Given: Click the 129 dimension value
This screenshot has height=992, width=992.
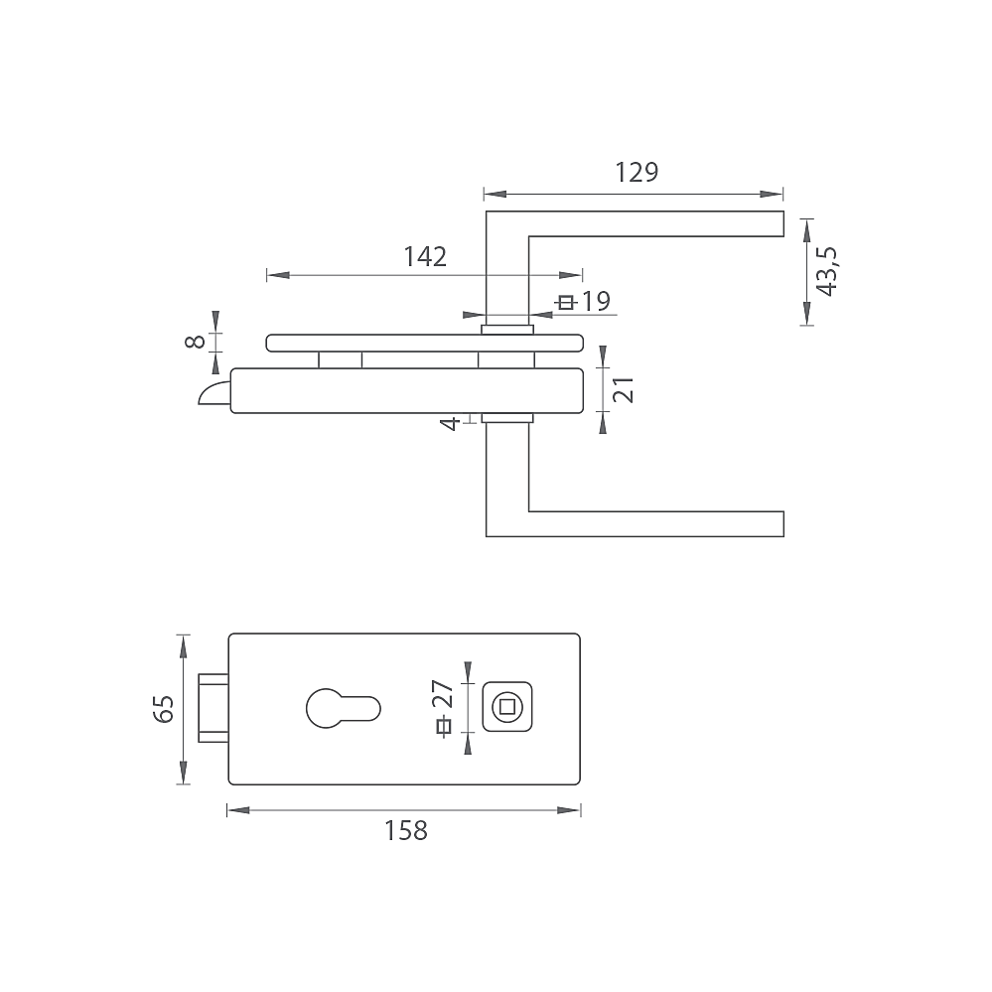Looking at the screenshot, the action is click(637, 172).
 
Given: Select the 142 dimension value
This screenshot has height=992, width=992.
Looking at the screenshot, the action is click(425, 256).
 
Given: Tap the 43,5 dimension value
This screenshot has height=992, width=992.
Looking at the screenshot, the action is click(827, 271).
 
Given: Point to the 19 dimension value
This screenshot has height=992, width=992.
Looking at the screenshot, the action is click(596, 302).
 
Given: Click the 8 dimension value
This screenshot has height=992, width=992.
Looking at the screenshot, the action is click(195, 342).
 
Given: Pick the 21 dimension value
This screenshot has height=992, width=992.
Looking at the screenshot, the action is click(624, 389).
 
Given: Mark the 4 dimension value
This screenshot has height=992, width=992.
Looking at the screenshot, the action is click(449, 423).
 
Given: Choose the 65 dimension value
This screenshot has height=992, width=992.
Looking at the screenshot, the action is click(163, 709).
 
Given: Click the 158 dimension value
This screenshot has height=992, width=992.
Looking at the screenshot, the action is click(406, 831).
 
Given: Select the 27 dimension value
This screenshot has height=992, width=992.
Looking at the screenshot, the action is click(444, 694).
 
